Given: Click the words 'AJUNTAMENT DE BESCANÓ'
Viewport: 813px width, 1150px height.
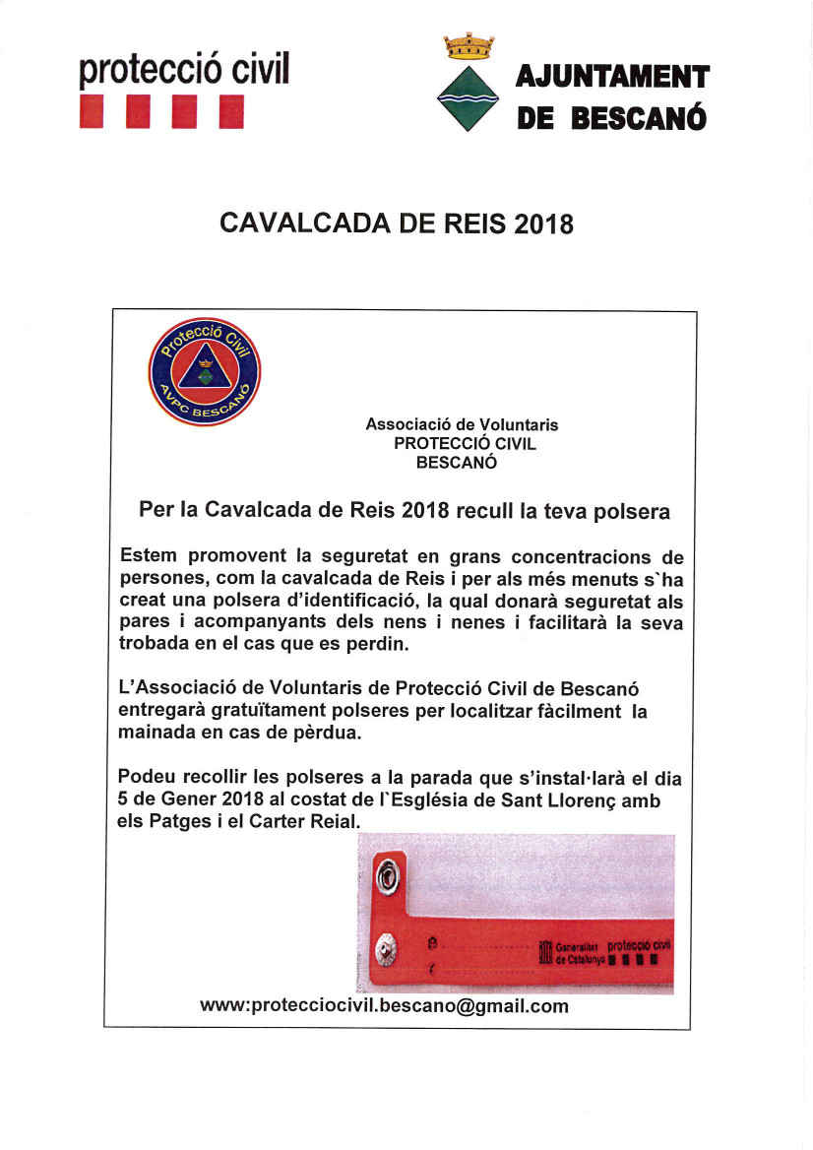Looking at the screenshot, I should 611,97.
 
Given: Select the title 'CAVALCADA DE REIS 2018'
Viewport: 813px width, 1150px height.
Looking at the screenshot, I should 397,224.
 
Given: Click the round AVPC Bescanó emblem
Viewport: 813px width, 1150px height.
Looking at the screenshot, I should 204,372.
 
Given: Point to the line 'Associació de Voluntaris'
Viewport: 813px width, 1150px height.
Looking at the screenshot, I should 462,424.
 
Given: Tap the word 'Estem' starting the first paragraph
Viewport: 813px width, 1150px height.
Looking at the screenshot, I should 149,557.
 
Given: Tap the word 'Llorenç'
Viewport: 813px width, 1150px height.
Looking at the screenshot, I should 582,800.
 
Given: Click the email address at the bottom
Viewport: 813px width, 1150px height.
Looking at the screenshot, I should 384,1005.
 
